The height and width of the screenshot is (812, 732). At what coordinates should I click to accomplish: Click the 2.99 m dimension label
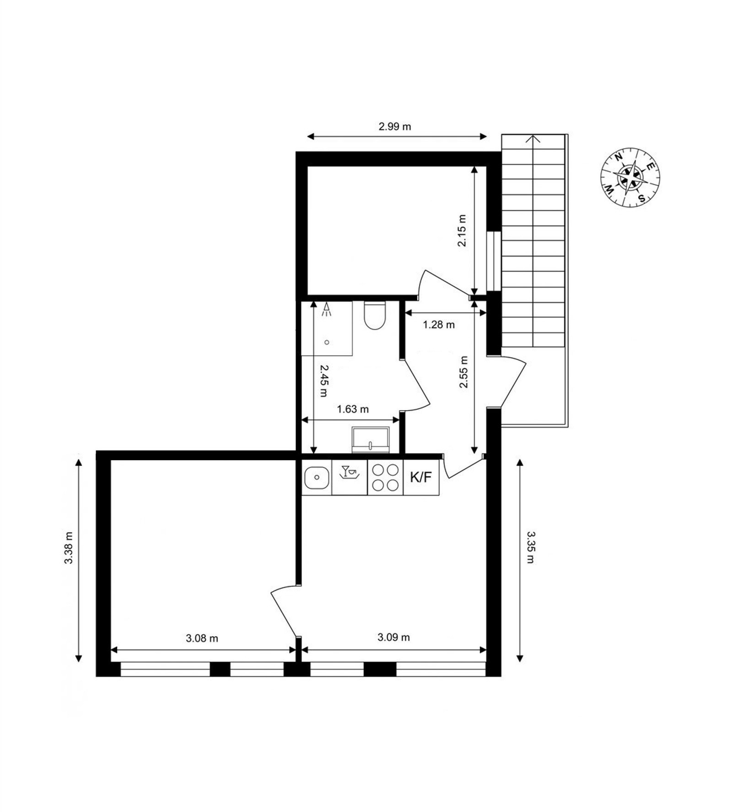[394, 126]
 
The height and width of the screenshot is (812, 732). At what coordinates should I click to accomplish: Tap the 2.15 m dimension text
[462, 230]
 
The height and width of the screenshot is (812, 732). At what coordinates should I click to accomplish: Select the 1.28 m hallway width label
[438, 325]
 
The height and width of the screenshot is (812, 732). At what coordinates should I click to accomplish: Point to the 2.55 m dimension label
[464, 372]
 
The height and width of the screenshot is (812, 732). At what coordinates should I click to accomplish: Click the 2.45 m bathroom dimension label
[323, 381]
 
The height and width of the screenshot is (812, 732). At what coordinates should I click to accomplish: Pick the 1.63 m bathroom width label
[353, 409]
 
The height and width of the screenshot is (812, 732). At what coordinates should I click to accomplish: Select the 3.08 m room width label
[202, 638]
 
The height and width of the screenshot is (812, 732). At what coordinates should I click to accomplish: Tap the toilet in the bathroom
[375, 315]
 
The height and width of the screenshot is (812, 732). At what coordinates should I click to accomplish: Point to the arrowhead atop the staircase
[533, 138]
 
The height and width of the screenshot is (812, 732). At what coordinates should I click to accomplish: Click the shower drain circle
[327, 342]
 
